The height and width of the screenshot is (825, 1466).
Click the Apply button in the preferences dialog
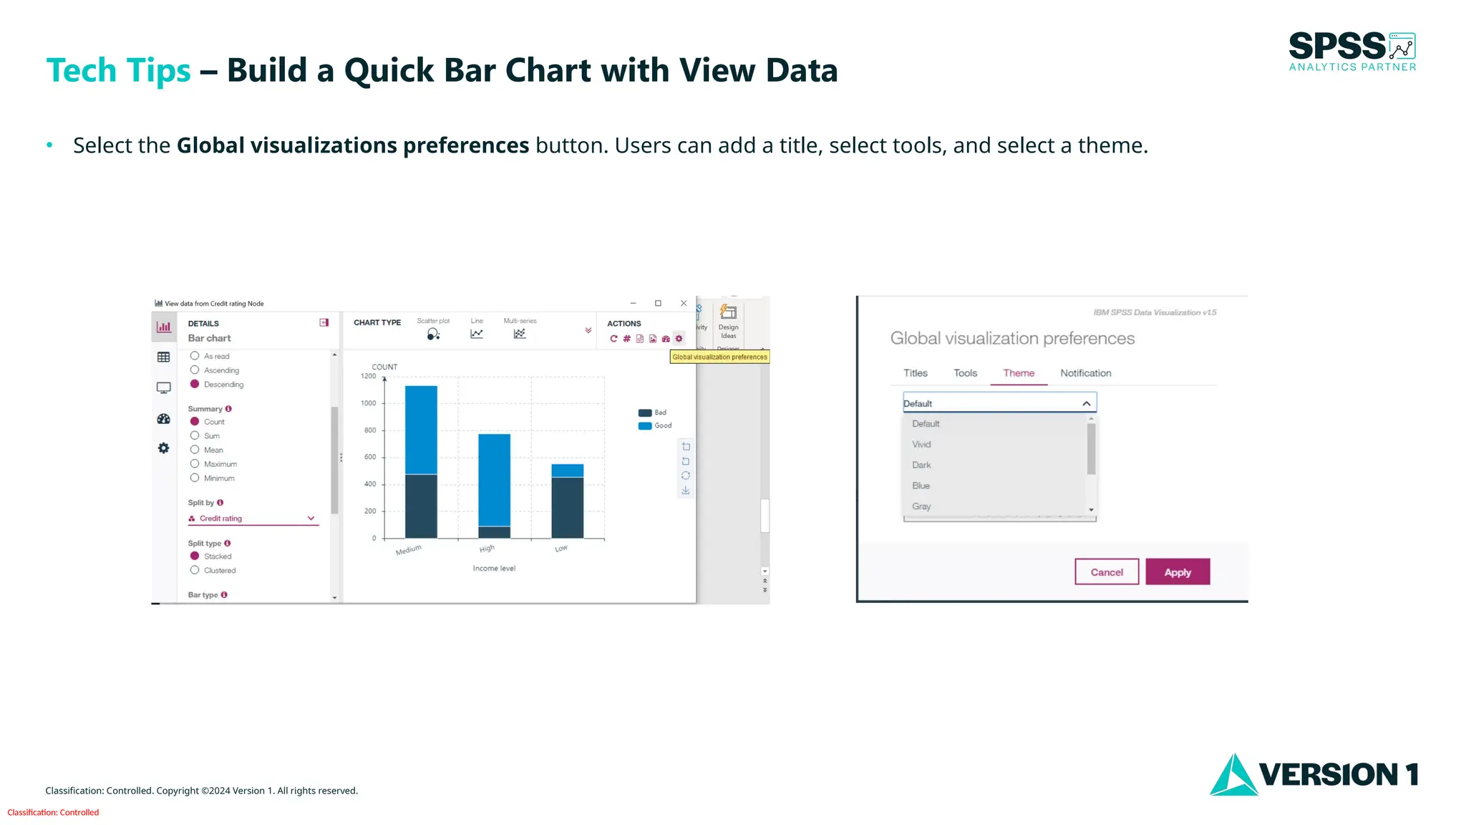click(1177, 571)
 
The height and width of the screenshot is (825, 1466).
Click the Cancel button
click(1106, 571)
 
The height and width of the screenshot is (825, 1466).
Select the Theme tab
click(1018, 373)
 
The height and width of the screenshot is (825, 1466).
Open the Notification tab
click(1085, 373)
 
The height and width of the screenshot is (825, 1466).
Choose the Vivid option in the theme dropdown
click(921, 444)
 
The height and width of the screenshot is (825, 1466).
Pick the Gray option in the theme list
click(921, 506)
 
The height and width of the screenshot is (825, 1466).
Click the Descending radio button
click(195, 385)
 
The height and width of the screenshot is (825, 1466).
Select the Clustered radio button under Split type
click(195, 570)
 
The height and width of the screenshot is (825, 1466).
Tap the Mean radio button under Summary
click(195, 450)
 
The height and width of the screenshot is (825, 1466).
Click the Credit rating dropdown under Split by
click(252, 518)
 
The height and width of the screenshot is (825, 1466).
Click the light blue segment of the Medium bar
click(421, 430)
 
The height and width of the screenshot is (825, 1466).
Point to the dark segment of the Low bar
click(567, 507)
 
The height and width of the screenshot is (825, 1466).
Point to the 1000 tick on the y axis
click(369, 403)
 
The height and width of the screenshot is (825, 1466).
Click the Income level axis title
click(494, 569)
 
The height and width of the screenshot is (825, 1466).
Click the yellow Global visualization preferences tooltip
click(719, 357)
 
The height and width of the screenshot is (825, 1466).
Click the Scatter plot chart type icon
click(433, 334)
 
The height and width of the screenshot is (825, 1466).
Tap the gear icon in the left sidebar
click(164, 448)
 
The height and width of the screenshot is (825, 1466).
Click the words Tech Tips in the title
click(118, 70)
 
